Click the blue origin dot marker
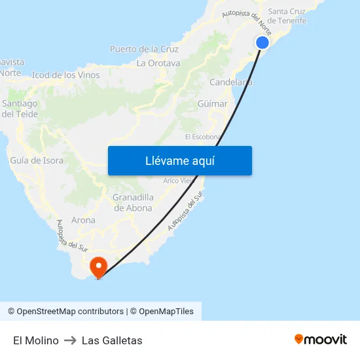pos(262,43)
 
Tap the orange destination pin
pos(98,266)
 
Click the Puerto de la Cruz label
pos(144,49)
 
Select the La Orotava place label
pos(158,63)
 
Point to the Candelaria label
pos(230,82)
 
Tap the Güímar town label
pos(212,104)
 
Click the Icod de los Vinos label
pos(65,75)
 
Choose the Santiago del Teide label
pos(20,109)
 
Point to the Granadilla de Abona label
pos(133,203)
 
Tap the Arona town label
pos(83,221)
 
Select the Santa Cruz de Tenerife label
pos(287,16)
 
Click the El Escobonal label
pos(203,137)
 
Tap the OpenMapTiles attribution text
pos(166,312)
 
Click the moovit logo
pos(321,340)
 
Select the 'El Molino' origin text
pos(36,340)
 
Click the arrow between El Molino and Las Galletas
pos(70,340)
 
